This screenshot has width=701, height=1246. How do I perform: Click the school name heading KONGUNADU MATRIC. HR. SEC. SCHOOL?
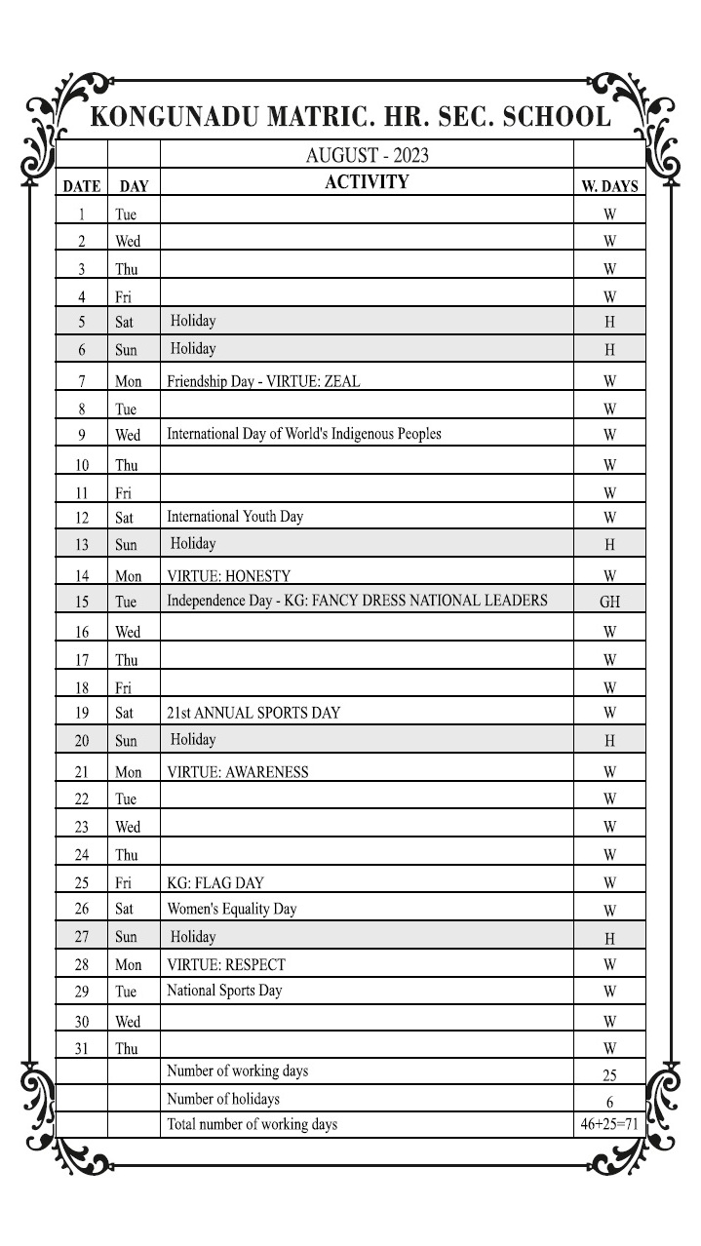tap(351, 118)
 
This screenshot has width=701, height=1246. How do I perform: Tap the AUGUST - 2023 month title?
tap(367, 155)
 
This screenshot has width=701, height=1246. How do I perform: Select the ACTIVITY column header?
tap(367, 182)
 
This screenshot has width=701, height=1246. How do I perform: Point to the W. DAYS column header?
tap(609, 186)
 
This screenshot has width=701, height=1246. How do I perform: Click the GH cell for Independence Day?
tap(609, 603)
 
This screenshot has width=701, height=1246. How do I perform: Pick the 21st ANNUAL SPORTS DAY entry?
tap(253, 713)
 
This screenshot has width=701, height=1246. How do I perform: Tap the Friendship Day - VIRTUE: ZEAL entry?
tap(263, 382)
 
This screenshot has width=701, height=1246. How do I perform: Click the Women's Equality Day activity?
tap(232, 909)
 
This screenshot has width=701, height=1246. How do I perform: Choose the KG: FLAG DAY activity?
tap(215, 883)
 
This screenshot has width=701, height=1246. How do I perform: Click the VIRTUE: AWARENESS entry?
tap(238, 772)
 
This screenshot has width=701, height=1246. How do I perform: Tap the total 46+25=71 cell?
tap(609, 1124)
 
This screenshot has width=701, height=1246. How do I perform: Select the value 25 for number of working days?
tap(609, 1075)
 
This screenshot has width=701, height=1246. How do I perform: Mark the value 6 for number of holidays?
tap(609, 1102)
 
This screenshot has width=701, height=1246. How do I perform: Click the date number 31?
tap(82, 1049)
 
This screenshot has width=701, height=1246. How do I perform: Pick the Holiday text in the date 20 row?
tap(193, 740)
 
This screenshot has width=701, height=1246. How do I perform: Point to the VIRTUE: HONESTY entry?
tap(229, 576)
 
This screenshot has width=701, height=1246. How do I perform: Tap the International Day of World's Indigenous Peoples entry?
tap(304, 434)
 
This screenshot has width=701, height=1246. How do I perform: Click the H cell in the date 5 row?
tap(609, 322)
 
